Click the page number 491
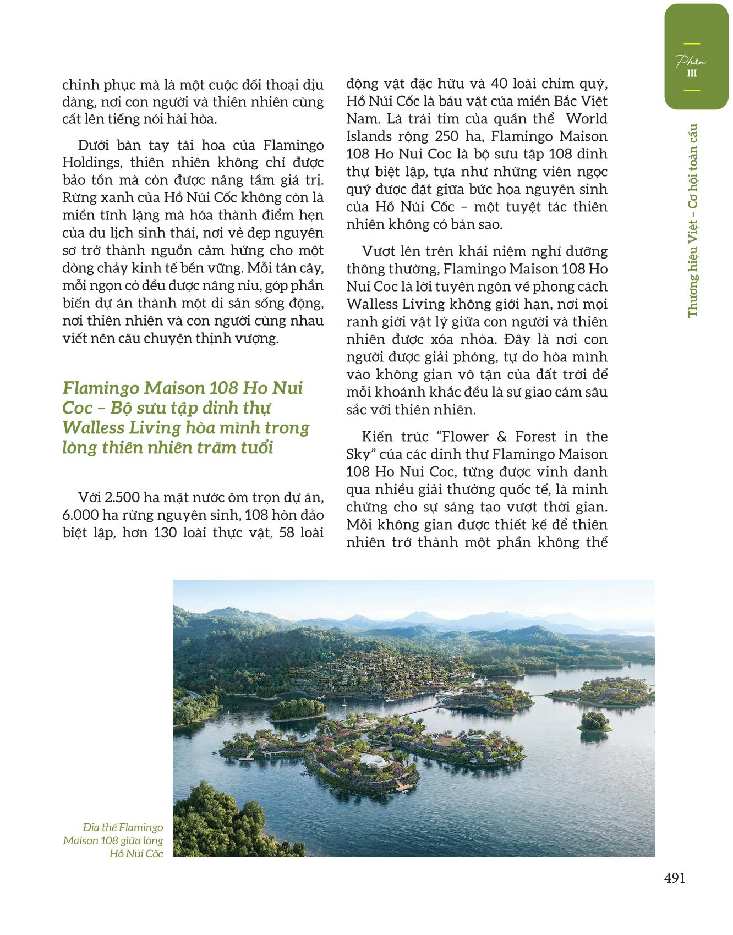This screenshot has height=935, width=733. pyautogui.click(x=674, y=878)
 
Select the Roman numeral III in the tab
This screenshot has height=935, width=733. pyautogui.click(x=691, y=74)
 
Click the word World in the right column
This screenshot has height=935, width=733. pyautogui.click(x=587, y=119)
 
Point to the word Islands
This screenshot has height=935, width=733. pyautogui.click(x=367, y=136)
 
